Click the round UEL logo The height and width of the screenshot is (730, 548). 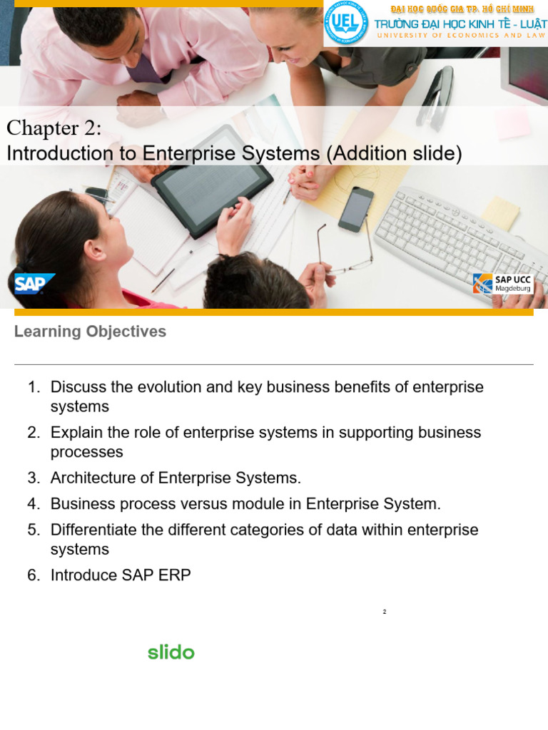(x=346, y=23)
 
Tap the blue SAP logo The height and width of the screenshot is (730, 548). (x=32, y=283)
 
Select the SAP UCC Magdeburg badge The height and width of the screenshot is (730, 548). (x=503, y=283)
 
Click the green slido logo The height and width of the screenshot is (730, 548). (x=171, y=652)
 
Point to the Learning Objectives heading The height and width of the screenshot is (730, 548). (x=90, y=331)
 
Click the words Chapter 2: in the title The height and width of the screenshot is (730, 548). (x=54, y=128)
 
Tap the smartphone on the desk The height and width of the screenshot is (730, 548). (x=355, y=209)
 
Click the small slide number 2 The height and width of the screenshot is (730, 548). (x=384, y=612)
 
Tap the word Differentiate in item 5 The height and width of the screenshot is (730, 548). (x=94, y=530)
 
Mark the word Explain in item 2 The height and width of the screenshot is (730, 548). (x=75, y=433)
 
